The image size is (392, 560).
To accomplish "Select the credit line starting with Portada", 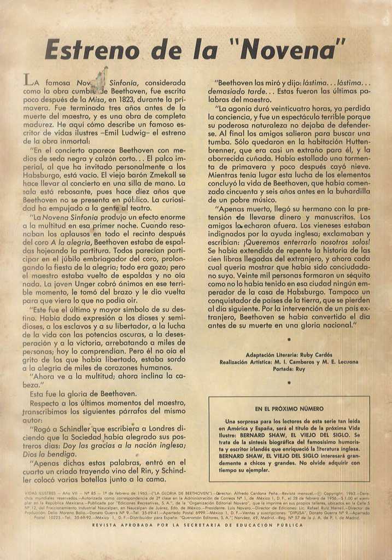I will (x=289, y=369).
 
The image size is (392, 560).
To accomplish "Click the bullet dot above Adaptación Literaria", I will (x=289, y=340).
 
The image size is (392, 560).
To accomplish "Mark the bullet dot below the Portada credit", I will (x=289, y=383).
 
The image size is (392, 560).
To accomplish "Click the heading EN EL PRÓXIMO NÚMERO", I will (x=289, y=409).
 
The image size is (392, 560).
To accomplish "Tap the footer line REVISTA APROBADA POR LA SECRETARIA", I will (x=197, y=525).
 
